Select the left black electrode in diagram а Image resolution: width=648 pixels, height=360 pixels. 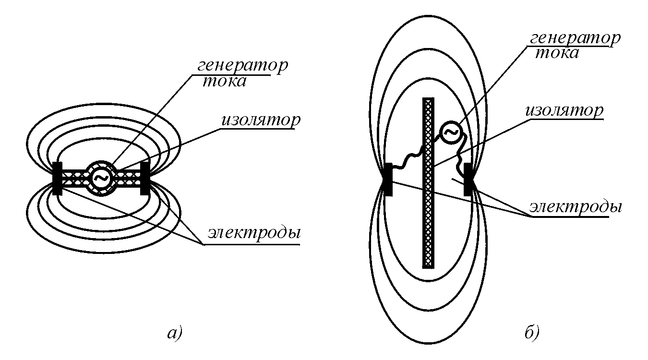pyautogui.click(x=57, y=179)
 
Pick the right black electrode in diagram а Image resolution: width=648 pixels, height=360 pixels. pyautogui.click(x=144, y=179)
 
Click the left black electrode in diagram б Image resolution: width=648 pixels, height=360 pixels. pyautogui.click(x=389, y=180)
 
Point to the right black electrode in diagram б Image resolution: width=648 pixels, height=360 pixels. pyautogui.click(x=468, y=181)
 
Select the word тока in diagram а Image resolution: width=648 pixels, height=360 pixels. pyautogui.click(x=224, y=81)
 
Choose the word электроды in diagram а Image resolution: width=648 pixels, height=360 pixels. pyautogui.click(x=254, y=234)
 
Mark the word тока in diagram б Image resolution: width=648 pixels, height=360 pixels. pyautogui.click(x=557, y=52)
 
